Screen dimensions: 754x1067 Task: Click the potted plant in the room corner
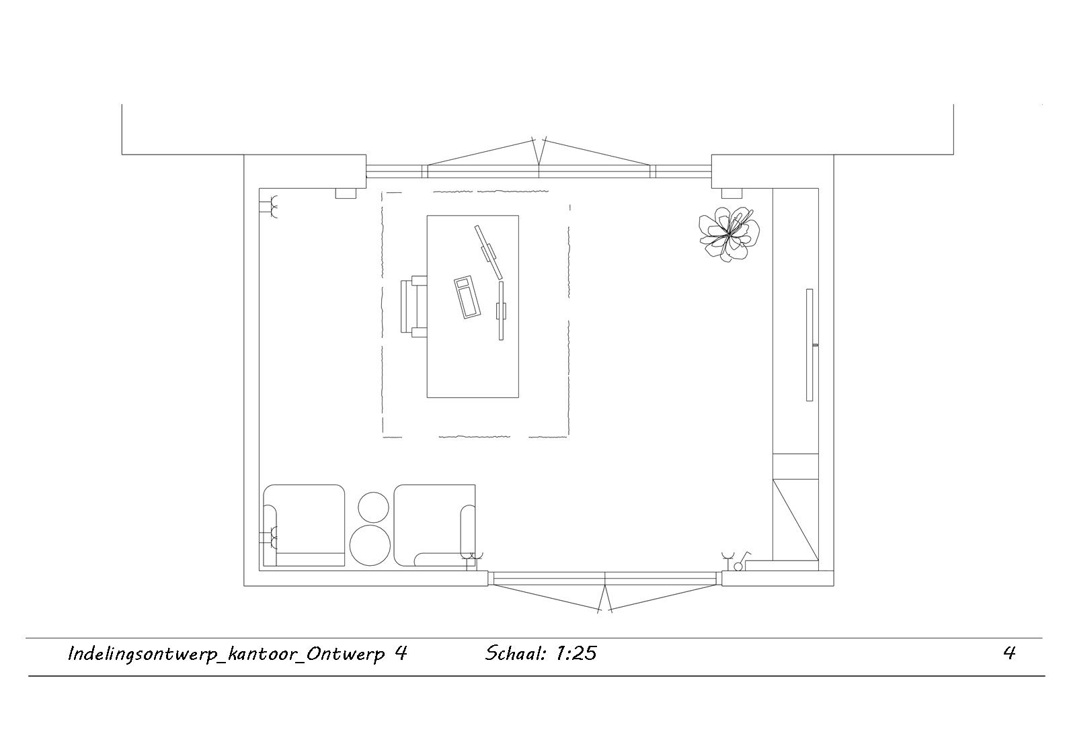click(x=729, y=234)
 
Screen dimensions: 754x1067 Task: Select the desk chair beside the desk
click(x=413, y=306)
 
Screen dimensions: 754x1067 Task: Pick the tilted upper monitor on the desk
click(x=488, y=251)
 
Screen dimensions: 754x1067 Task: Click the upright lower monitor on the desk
click(x=500, y=310)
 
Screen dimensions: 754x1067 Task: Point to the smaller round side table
click(x=373, y=507)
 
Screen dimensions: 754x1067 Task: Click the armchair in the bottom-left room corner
click(x=304, y=525)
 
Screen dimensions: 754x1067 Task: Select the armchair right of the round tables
click(x=434, y=525)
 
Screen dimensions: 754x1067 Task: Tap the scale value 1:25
click(x=576, y=653)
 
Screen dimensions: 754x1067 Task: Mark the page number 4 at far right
click(x=1009, y=653)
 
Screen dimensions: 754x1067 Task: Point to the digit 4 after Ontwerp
click(x=400, y=653)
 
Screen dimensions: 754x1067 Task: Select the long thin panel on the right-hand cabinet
click(x=809, y=345)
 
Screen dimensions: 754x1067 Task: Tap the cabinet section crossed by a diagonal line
click(x=795, y=519)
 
